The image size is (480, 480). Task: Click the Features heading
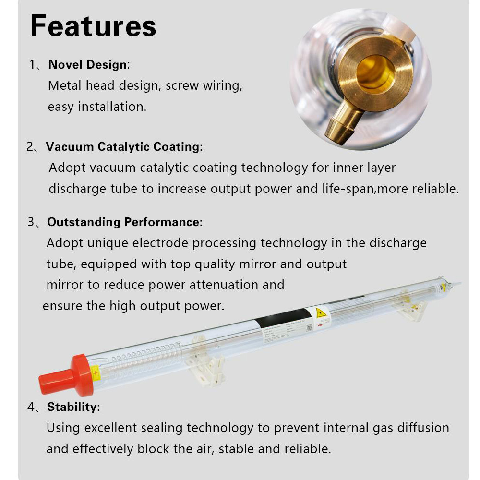93,26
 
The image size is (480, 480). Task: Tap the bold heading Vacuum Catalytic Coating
123,147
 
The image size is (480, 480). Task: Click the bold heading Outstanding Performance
123,222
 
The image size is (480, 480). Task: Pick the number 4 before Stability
31,407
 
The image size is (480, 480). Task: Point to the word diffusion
420,428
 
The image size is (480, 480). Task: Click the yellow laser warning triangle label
321,313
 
